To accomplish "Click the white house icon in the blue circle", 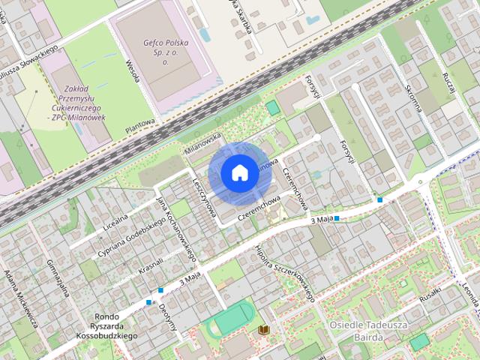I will point(238,172).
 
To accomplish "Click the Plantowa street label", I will point(140,124).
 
